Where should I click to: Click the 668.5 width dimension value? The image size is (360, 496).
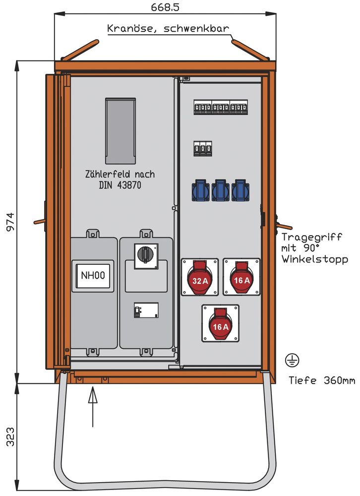pos(165,7)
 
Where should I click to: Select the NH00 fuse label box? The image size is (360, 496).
pos(93,275)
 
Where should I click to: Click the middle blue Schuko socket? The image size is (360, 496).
pos(220,190)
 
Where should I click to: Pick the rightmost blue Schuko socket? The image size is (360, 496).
pos(240,190)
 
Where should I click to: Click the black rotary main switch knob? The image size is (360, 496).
pos(146,254)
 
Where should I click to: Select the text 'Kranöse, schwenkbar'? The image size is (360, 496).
pos(168,28)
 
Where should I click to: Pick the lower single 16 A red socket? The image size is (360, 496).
pos(220,323)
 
